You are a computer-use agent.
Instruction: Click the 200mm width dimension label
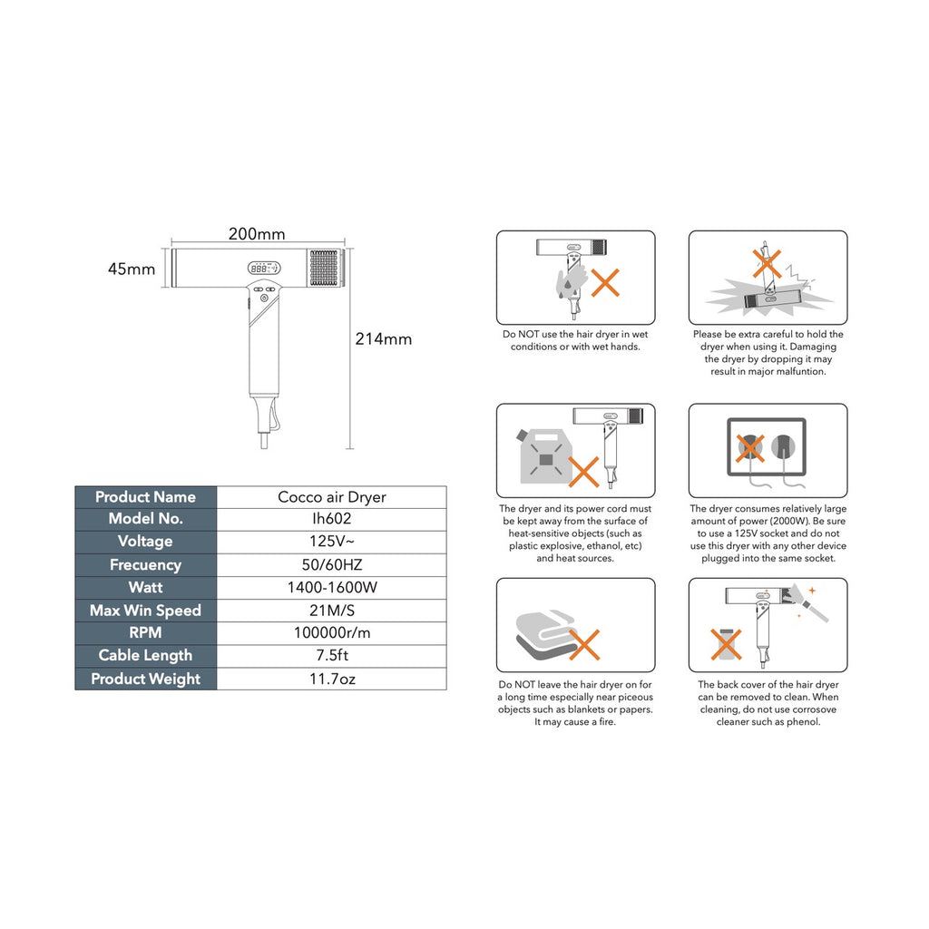point(257,234)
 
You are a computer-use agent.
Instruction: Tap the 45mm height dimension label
point(132,269)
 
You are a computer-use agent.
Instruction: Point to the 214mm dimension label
point(383,339)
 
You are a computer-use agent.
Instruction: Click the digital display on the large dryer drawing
point(262,269)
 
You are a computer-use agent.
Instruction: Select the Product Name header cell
point(145,497)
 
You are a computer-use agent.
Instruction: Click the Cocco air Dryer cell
point(332,497)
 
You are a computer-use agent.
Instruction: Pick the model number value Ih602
point(332,519)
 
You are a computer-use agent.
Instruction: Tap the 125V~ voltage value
point(332,542)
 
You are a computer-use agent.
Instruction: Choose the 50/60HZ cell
point(332,564)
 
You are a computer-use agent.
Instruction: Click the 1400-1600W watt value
point(332,587)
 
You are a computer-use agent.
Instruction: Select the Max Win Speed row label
point(145,611)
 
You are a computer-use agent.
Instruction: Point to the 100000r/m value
point(332,632)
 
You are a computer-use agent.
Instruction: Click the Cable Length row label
point(145,655)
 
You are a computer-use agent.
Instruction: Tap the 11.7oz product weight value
point(332,679)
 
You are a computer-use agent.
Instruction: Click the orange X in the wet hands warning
point(605,282)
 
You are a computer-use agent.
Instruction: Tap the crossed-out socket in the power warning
point(750,446)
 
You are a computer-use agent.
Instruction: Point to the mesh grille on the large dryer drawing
point(324,269)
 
